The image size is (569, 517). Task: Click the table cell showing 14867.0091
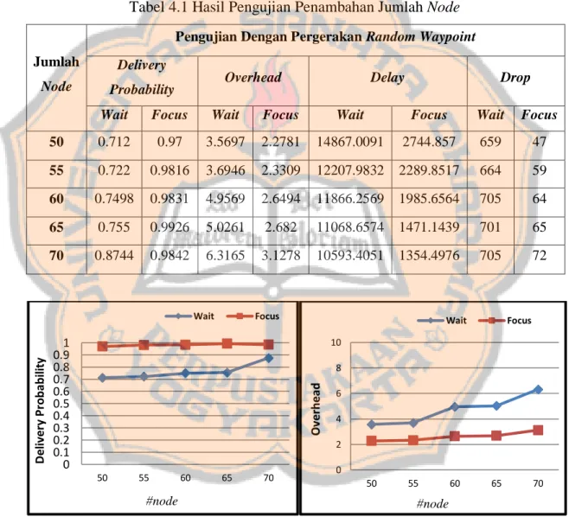(350, 142)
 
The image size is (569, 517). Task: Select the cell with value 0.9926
(169, 227)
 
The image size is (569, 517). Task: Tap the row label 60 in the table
(56, 199)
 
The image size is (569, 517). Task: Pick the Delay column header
(387, 77)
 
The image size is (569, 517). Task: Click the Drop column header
(515, 77)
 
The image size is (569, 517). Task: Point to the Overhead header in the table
(253, 77)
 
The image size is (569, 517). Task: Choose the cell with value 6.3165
(226, 255)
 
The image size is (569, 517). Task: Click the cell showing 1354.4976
(429, 255)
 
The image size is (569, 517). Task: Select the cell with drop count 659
(490, 142)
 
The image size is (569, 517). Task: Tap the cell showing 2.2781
(280, 142)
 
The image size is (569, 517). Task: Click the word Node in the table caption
(443, 7)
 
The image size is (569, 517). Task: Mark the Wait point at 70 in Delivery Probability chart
(269, 358)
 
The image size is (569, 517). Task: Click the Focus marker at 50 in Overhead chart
(371, 441)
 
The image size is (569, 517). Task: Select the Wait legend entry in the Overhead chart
(442, 321)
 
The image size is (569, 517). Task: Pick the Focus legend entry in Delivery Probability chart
(253, 316)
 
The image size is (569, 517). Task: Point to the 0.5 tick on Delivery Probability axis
(61, 404)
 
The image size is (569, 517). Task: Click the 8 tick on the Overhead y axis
(338, 368)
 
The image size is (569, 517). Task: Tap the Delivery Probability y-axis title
(40, 411)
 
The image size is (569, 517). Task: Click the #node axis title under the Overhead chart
(432, 503)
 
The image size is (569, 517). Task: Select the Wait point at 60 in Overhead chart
(454, 406)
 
